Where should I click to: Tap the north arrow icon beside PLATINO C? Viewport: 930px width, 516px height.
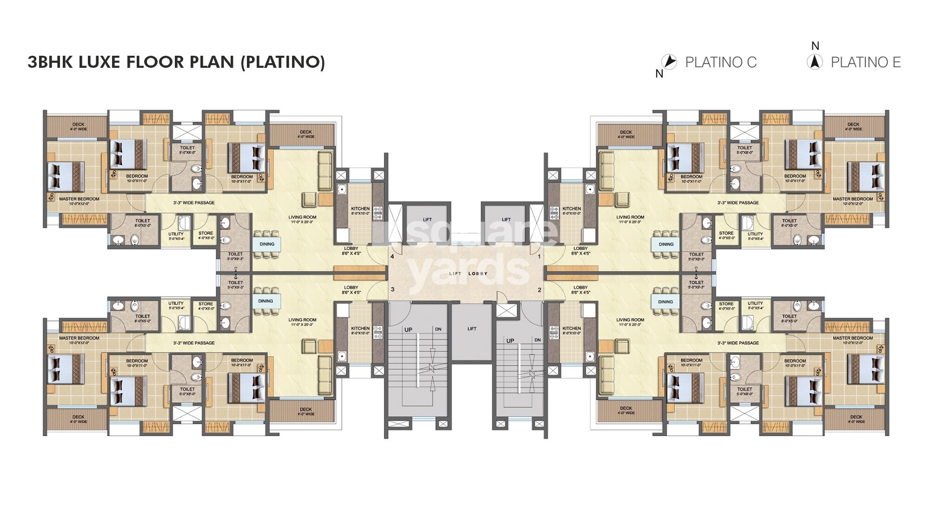pyautogui.click(x=669, y=62)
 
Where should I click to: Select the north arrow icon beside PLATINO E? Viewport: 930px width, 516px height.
pyautogui.click(x=815, y=62)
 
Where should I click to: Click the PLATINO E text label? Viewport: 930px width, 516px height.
pyautogui.click(x=865, y=62)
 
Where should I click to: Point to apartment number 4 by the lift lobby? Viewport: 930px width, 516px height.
pyautogui.click(x=392, y=256)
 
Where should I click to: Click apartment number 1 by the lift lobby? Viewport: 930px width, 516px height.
pyautogui.click(x=539, y=256)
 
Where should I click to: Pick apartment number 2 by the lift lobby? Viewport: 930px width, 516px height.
pyautogui.click(x=539, y=290)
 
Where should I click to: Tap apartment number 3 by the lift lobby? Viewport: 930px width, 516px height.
pyautogui.click(x=392, y=289)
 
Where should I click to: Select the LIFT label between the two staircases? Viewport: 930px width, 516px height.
pyautogui.click(x=472, y=329)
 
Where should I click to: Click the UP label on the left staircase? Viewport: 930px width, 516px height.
pyautogui.click(x=408, y=330)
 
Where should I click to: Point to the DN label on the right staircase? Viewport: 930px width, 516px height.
pyautogui.click(x=538, y=340)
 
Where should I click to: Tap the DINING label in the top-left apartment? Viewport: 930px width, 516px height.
pyautogui.click(x=266, y=244)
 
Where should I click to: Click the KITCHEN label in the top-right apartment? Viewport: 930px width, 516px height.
pyautogui.click(x=571, y=209)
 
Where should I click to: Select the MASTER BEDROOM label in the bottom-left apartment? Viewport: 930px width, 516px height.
pyautogui.click(x=79, y=338)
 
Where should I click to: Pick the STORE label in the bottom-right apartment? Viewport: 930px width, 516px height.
pyautogui.click(x=726, y=304)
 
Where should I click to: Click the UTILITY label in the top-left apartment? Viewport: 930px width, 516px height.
pyautogui.click(x=176, y=234)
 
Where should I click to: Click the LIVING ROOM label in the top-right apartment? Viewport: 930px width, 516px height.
pyautogui.click(x=630, y=217)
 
